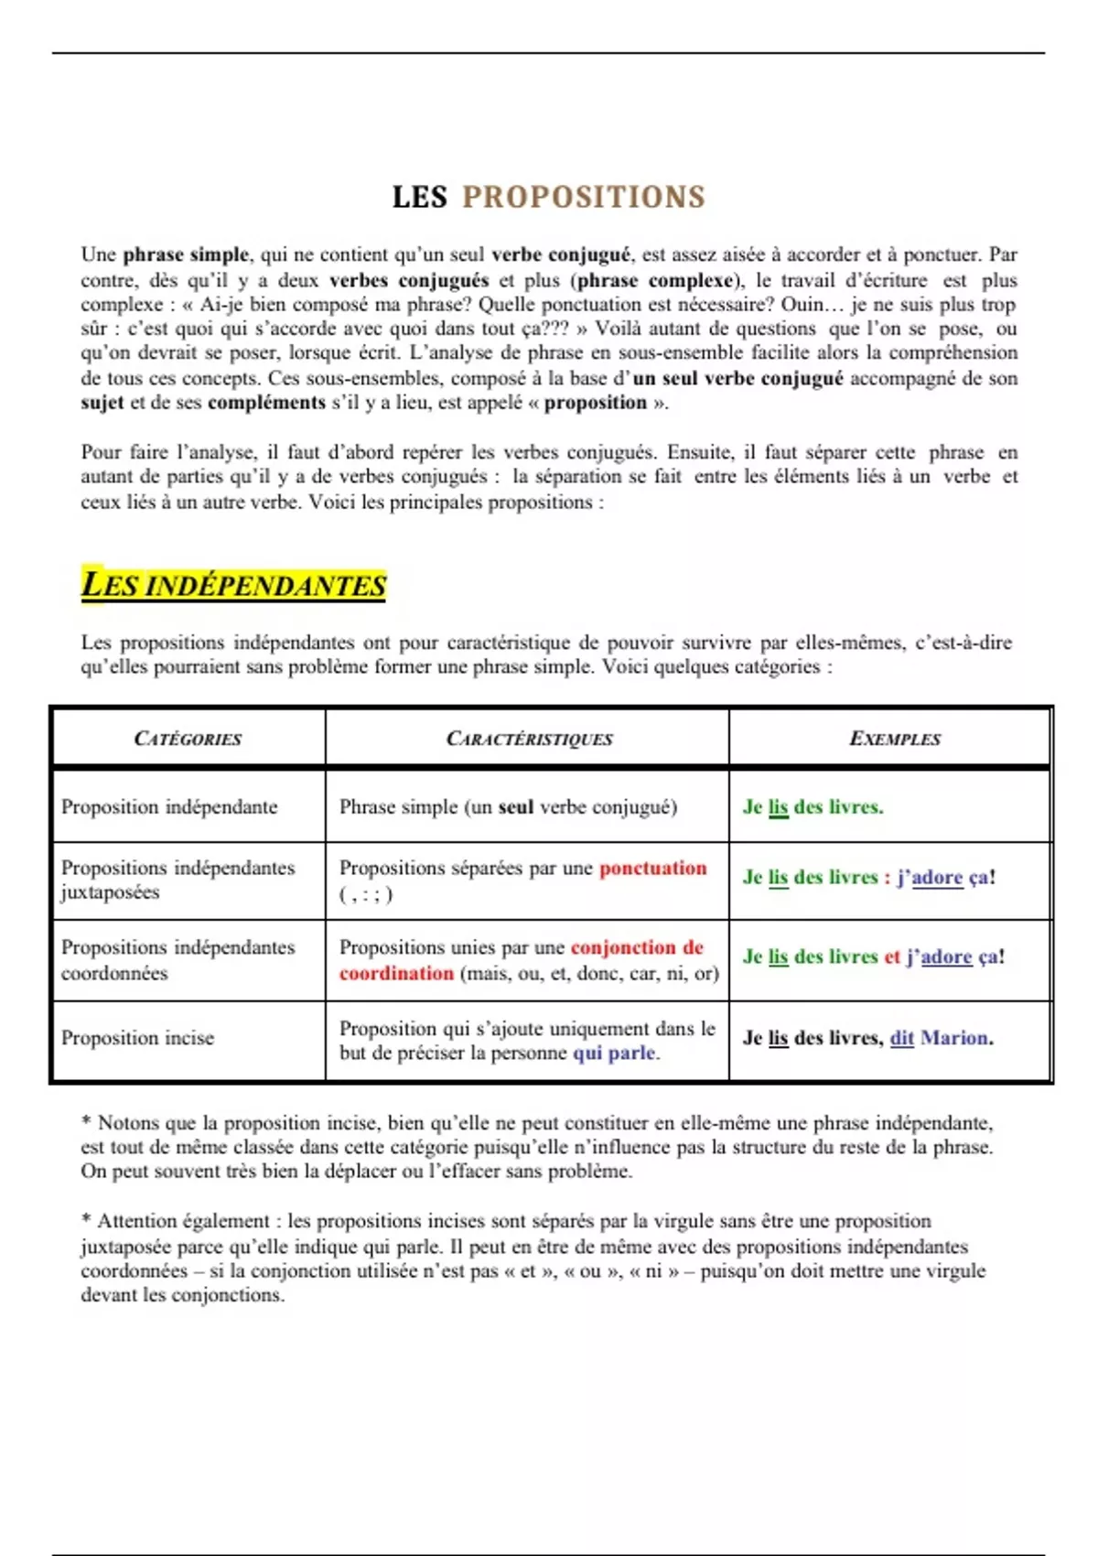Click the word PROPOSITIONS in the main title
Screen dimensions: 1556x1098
tap(584, 197)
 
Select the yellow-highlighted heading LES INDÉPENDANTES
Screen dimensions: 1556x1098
tap(234, 585)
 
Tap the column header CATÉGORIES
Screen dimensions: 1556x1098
tap(188, 739)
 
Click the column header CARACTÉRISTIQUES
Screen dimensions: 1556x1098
tap(529, 739)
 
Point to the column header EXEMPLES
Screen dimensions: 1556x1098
tap(894, 739)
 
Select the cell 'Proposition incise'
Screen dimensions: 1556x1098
tap(137, 1038)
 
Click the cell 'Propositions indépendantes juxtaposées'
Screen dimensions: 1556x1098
tap(178, 880)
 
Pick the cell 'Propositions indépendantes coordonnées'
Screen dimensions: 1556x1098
tap(178, 959)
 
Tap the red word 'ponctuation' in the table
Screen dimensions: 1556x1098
tap(652, 868)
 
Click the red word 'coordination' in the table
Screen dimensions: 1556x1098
tap(396, 973)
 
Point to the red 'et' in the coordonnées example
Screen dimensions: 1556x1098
tap(892, 956)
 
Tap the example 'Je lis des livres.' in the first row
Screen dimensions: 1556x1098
tap(813, 806)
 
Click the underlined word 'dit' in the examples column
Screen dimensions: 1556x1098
tap(901, 1038)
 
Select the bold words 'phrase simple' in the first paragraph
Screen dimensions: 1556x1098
tap(186, 254)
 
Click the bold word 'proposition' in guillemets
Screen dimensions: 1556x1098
tap(595, 403)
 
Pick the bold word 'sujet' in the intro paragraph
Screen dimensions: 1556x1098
tap(102, 403)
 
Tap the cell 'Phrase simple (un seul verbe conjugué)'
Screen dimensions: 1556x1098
tap(508, 806)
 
